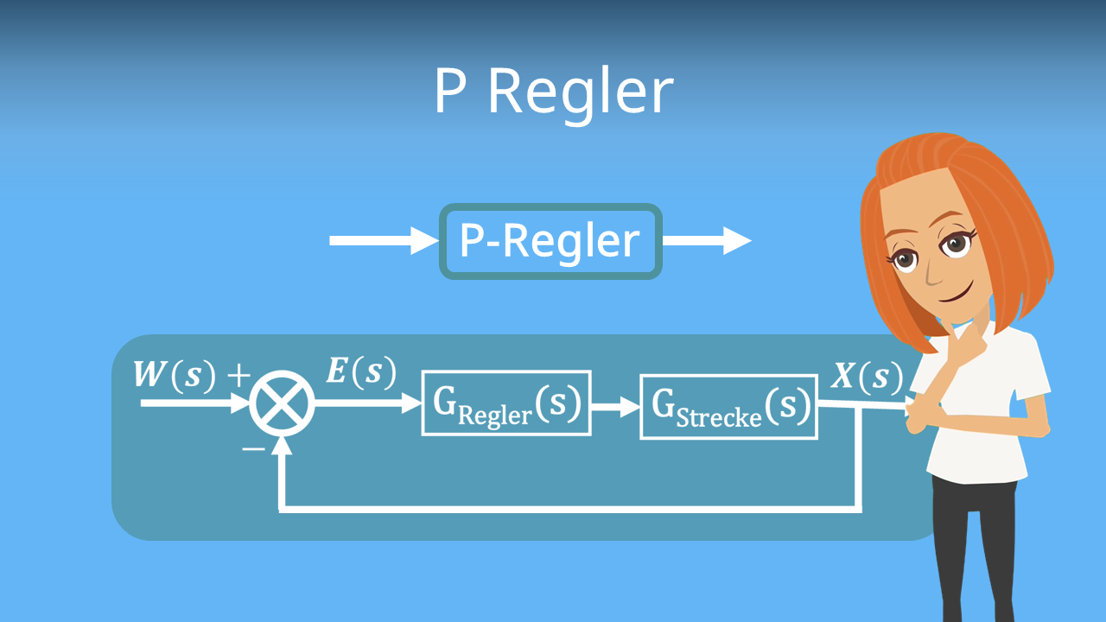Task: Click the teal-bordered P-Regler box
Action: [x=550, y=242]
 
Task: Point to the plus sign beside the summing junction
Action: [x=238, y=376]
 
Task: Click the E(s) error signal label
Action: [x=361, y=371]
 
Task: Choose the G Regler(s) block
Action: [x=506, y=403]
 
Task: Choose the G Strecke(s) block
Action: [x=728, y=405]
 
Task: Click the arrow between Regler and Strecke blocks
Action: [x=614, y=404]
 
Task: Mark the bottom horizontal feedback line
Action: [x=570, y=508]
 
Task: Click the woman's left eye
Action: [x=957, y=243]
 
